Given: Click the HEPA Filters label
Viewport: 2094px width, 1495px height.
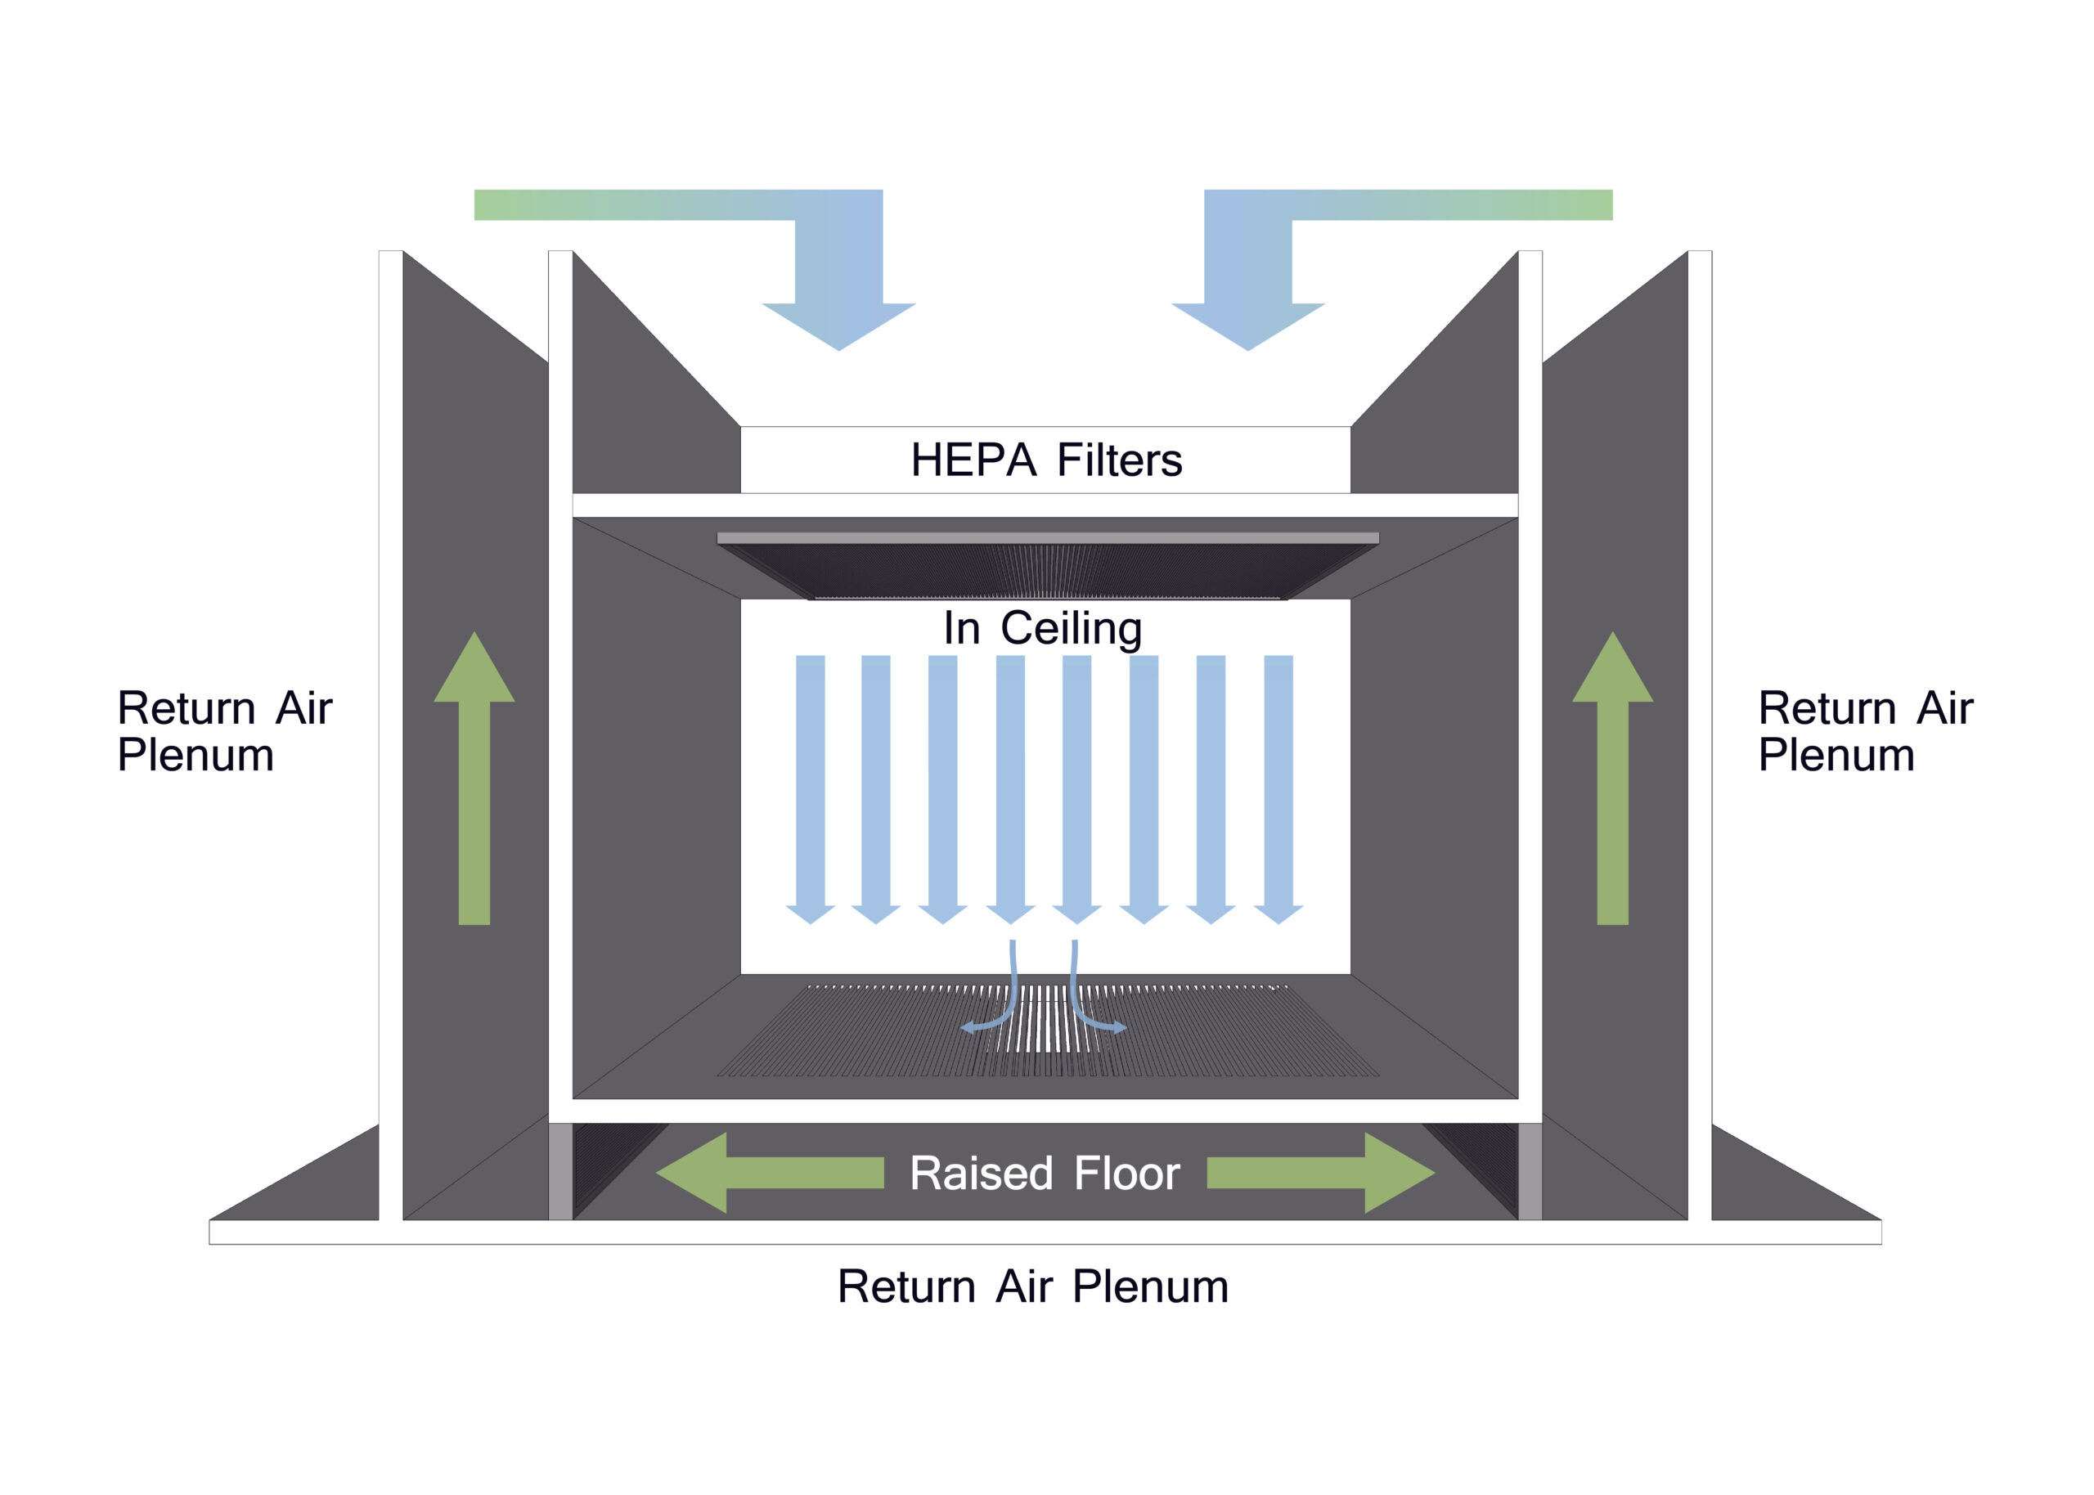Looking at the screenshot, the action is click(x=1045, y=460).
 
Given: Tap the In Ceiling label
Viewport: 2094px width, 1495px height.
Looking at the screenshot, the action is click(x=1042, y=629).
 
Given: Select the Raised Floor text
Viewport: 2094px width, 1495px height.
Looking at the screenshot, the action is click(x=1045, y=1174).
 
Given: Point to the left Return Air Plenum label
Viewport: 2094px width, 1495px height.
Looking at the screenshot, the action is click(x=225, y=731).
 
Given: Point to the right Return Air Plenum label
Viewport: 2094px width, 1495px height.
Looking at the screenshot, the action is click(x=1865, y=731).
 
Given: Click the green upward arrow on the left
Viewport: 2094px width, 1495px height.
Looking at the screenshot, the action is click(x=474, y=778).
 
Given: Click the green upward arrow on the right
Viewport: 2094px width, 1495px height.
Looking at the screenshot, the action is click(x=1612, y=778).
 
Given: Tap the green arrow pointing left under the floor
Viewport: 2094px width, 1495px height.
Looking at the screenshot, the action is click(x=770, y=1173).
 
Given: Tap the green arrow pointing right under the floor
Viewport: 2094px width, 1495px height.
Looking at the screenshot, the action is click(x=1321, y=1173).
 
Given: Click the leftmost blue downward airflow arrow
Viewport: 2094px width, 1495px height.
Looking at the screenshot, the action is click(x=810, y=790).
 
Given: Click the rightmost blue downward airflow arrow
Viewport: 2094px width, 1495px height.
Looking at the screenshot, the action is click(x=1278, y=790).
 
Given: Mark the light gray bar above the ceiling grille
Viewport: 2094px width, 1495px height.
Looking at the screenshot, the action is click(x=1048, y=537).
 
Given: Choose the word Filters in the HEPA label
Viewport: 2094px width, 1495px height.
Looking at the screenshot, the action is click(x=1119, y=460).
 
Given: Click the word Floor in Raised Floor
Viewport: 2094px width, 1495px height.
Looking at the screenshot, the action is click(x=1126, y=1174).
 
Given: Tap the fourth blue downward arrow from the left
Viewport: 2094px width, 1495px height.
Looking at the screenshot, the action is click(x=1011, y=790).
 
